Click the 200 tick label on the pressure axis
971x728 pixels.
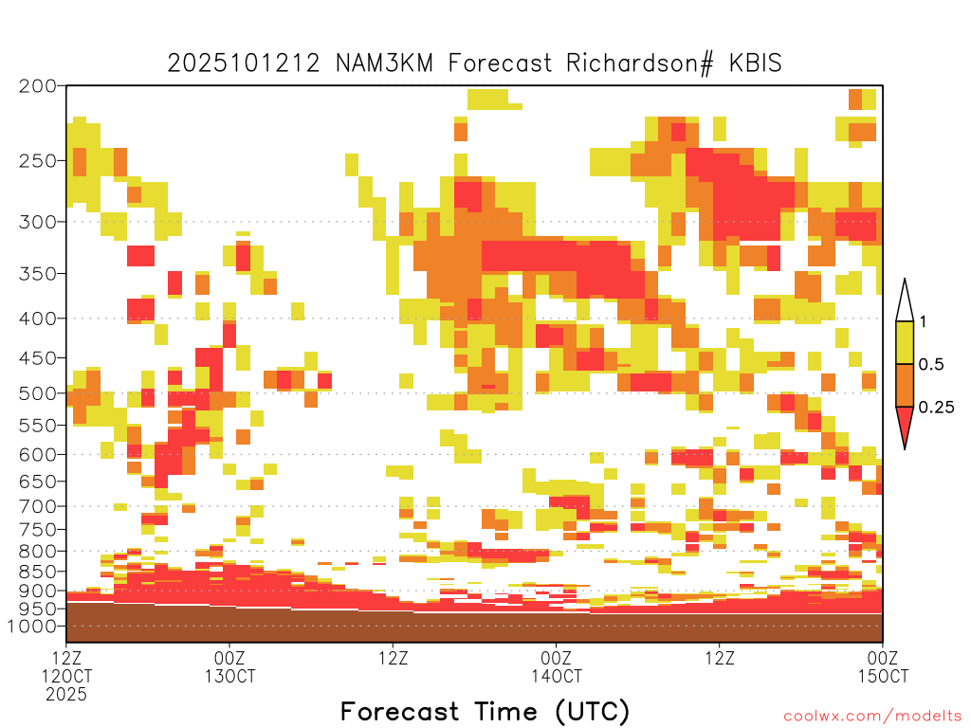coord(38,86)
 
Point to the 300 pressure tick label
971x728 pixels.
coord(38,222)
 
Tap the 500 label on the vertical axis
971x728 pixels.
coord(38,393)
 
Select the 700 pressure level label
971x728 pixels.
coord(38,506)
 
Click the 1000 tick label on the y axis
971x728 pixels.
coord(32,626)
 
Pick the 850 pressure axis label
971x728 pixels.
coord(38,572)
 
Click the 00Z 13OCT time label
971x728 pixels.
coord(229,666)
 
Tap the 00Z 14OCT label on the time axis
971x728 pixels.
coord(556,666)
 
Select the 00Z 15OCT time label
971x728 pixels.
coord(883,666)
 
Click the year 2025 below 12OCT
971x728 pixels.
coord(66,694)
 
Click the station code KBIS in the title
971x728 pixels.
coord(755,64)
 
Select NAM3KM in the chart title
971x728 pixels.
coord(384,64)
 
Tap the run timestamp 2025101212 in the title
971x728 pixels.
coord(244,64)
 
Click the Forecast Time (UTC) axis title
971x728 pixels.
coord(485,711)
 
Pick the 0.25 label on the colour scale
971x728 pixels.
coord(936,408)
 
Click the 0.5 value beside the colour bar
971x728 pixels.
coord(931,365)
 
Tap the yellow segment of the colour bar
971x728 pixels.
coord(905,343)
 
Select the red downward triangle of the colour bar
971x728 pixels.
coord(905,424)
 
